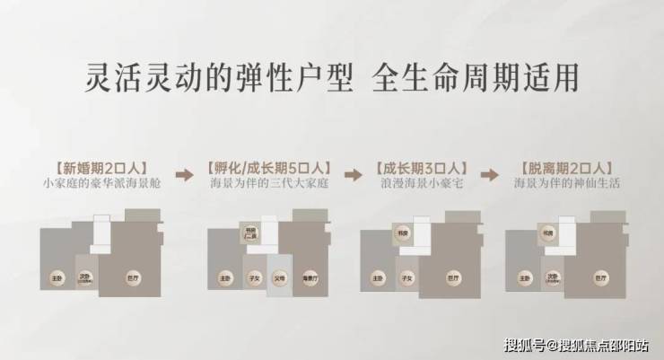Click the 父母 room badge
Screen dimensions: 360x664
click(279, 279)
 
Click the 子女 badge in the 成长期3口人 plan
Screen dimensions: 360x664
click(407, 279)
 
